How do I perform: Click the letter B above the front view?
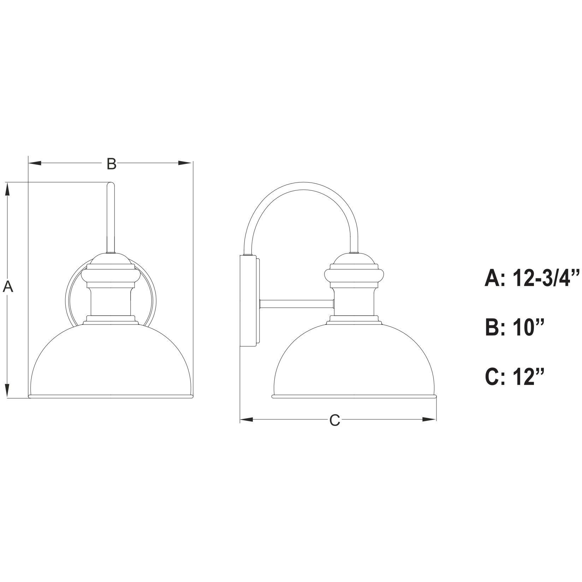[x=111, y=164]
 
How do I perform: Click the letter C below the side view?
[x=334, y=420]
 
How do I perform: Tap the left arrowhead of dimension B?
[x=35, y=163]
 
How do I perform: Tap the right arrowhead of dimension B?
[x=185, y=163]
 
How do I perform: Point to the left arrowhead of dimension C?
[x=247, y=420]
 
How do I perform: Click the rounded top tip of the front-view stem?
[x=111, y=184]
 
